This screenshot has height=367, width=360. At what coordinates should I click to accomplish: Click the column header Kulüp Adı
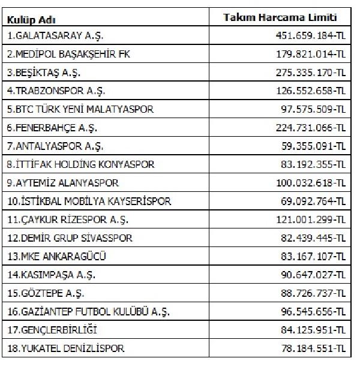(x=28, y=20)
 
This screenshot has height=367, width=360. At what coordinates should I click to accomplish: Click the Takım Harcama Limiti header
(x=280, y=18)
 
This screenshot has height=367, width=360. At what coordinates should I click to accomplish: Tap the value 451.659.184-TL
(x=305, y=36)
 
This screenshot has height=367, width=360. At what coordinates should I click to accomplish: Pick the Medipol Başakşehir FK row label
(x=68, y=55)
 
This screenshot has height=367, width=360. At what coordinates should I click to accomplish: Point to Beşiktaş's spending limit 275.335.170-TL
(x=305, y=73)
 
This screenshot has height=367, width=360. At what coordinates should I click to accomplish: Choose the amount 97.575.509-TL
(x=308, y=110)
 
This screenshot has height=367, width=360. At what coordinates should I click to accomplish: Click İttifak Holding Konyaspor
(x=81, y=164)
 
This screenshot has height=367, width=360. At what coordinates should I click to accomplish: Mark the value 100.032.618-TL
(x=305, y=182)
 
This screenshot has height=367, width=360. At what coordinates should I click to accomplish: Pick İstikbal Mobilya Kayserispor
(x=89, y=201)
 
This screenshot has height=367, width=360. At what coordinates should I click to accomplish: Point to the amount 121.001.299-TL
(x=305, y=219)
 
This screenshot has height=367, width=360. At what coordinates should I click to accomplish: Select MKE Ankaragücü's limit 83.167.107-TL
(x=308, y=257)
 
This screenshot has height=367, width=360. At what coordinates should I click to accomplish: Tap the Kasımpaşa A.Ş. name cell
(x=51, y=275)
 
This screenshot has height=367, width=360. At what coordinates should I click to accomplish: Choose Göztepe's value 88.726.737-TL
(x=308, y=293)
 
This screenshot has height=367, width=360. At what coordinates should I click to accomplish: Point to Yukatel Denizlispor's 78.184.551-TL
(x=308, y=348)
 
